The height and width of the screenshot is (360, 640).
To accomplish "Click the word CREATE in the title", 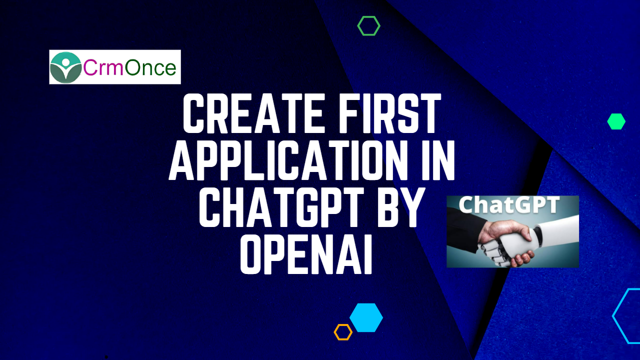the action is coord(253,113).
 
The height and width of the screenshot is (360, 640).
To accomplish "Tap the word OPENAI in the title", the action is coord(306,254).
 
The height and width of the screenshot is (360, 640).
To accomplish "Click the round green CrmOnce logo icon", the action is coord(65,67).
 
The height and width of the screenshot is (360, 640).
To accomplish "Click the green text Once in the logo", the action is coord(150,67).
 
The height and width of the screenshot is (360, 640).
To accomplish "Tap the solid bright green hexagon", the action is coord(616,121).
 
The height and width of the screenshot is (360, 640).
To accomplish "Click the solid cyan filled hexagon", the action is coord(366,317).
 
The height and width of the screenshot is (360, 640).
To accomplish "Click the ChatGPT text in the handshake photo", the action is coord(509,205).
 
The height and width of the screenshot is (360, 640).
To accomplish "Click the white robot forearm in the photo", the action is coord(557,231).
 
